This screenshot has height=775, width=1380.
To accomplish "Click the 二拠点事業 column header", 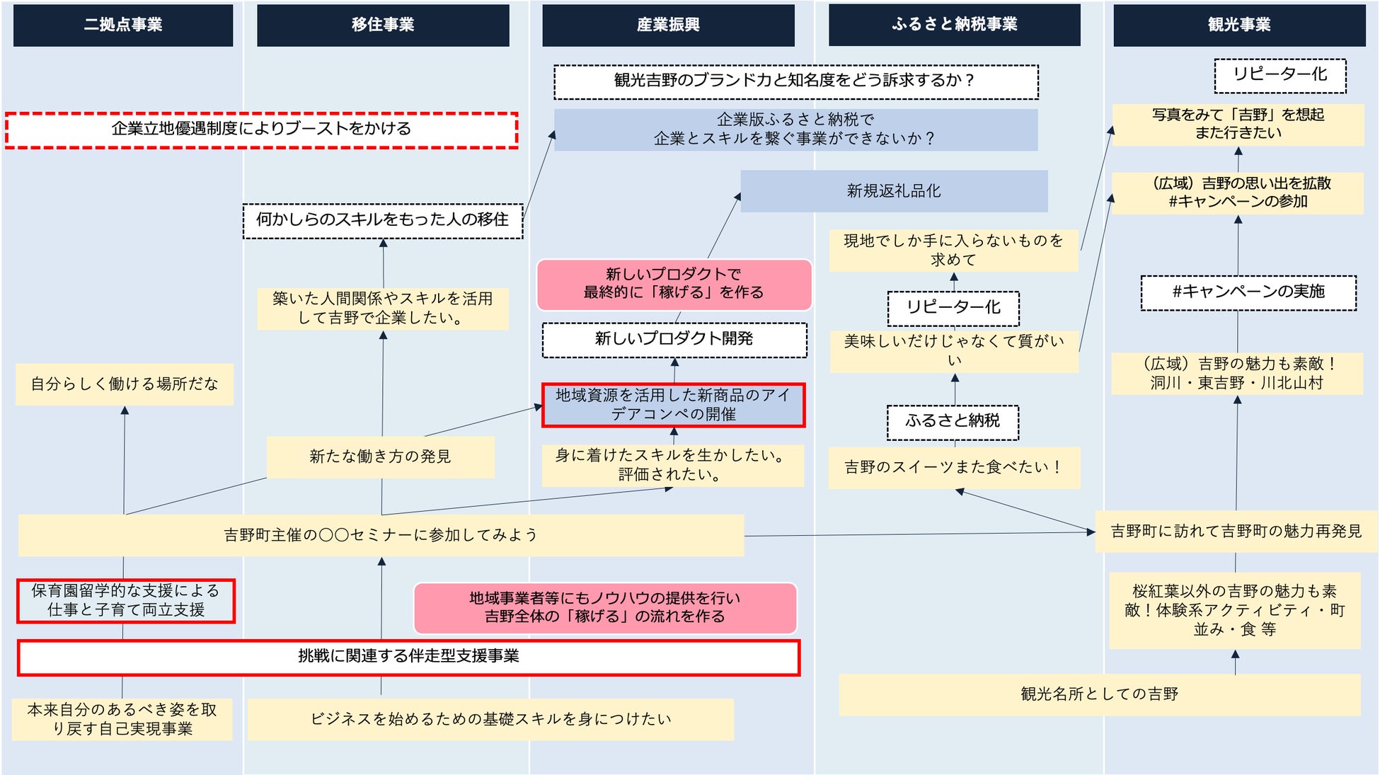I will coord(123,25).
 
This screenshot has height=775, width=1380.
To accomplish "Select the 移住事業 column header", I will coord(383,25).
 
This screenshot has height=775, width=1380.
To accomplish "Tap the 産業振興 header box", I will coord(668,25).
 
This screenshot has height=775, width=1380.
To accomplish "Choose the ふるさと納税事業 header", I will coord(954,25).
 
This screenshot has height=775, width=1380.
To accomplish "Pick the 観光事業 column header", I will coord(1238,25).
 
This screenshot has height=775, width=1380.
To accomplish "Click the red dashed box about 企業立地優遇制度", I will coord(261,130).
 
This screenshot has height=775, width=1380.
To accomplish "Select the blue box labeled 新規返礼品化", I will coord(894,191).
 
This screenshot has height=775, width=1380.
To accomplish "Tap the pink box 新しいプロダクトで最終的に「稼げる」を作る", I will coord(673,284).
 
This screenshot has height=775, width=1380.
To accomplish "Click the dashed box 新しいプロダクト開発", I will coord(674,340).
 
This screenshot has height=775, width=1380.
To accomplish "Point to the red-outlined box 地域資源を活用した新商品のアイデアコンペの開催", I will coord(673,405).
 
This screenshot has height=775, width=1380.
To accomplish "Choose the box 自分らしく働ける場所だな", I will coord(125,384).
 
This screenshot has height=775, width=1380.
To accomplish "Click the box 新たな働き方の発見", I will coord(380,457).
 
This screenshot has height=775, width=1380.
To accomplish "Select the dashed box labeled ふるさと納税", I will coord(953,422).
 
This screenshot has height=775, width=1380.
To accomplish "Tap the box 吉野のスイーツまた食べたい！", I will coord(953,467).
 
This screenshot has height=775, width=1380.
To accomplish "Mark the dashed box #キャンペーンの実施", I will coord(1248,292).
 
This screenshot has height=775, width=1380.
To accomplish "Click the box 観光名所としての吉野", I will coord(1099,694).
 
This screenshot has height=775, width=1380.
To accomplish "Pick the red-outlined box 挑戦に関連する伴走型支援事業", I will coord(408,657).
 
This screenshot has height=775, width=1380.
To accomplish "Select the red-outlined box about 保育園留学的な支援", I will coord(126,601).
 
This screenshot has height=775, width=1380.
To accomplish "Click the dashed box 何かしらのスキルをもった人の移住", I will coord(382,221).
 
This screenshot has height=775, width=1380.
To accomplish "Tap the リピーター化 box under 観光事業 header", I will coord(1280,76).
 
